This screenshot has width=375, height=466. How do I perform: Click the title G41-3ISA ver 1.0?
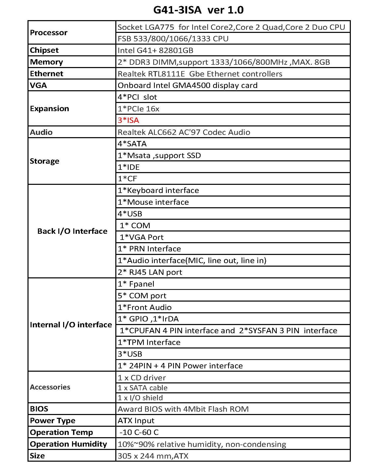coord(198,10)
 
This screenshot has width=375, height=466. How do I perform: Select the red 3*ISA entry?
coord(128,120)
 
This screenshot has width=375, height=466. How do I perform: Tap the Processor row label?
coord(49,33)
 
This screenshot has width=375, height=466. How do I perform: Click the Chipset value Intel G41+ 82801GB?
coord(155,50)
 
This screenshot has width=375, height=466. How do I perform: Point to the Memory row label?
coord(46,62)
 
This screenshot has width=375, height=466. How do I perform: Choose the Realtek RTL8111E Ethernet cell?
coord(200,74)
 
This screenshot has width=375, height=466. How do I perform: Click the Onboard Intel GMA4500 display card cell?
coord(187,85)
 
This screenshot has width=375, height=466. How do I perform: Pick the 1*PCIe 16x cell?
coord(138,109)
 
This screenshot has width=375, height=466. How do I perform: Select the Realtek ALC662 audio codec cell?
coord(184,132)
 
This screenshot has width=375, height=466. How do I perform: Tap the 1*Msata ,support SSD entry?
coord(159,156)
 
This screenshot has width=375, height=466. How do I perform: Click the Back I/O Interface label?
coord(72,231)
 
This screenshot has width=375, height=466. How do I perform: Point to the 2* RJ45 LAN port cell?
coord(150,272)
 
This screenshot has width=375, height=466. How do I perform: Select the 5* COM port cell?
coord(142,296)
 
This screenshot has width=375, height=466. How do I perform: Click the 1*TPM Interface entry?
coord(149,342)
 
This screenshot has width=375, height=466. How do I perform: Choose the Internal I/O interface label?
coord(71,325)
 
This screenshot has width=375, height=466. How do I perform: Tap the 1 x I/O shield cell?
coord(140,398)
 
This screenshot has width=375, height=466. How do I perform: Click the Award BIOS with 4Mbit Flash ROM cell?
coord(183,409)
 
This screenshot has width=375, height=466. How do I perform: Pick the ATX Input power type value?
coord(136,421)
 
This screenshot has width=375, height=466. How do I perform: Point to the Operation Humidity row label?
coord(68,444)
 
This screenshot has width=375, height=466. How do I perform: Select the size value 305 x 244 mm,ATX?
coord(153,456)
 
